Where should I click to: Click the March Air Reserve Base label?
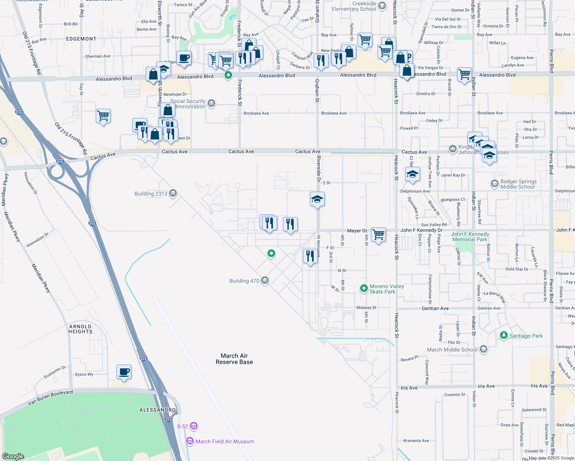tap(234, 359)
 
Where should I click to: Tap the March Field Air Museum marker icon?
tap(190, 441)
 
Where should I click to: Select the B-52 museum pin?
tap(194, 426)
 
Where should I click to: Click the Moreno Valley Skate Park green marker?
tap(364, 288)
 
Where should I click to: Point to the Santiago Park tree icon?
tap(504, 335)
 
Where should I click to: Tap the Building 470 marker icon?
tap(264, 281)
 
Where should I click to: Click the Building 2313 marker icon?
tap(173, 193)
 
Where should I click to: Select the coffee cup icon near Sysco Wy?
tap(124, 372)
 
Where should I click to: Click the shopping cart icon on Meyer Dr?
tap(379, 234)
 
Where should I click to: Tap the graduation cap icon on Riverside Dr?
tap(317, 199)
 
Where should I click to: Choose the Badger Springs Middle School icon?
tap(494, 184)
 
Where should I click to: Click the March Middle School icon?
tap(484, 349)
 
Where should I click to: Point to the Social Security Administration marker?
tap(211, 103)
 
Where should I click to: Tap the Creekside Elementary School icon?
tap(382, 5)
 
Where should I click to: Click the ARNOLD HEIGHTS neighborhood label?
tap(80, 329)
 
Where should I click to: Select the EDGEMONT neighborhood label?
tap(81, 39)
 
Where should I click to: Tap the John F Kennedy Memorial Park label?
tap(470, 237)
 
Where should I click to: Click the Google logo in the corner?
tap(13, 456)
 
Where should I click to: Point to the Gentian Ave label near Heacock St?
tap(435, 308)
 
